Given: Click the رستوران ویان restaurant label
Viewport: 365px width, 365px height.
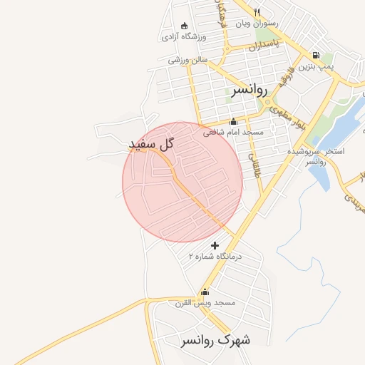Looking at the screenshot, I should click(x=257, y=23).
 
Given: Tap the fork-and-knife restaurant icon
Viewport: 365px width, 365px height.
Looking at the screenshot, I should click(x=257, y=11).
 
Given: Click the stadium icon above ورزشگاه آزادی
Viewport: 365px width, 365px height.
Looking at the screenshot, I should click(x=185, y=25).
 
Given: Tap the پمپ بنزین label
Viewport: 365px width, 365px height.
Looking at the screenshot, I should click(x=316, y=66).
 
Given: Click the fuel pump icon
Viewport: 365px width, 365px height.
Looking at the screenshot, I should click(x=315, y=55).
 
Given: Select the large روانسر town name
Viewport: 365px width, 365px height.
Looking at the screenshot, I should click(x=249, y=91).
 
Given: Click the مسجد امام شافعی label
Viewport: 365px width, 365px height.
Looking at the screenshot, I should click(x=233, y=132).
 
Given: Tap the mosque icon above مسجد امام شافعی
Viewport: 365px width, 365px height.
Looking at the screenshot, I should click(x=233, y=121).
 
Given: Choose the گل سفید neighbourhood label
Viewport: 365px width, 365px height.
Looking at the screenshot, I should click(x=152, y=145).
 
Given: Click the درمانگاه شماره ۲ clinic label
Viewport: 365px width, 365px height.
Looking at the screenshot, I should click(x=215, y=255).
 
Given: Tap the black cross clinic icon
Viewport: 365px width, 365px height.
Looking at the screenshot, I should click(x=215, y=245).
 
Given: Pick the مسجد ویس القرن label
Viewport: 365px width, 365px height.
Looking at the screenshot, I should click(x=206, y=302).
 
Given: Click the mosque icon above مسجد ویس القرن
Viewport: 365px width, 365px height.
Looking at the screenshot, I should click(x=205, y=291).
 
